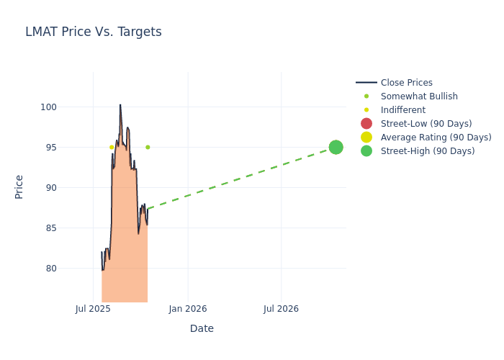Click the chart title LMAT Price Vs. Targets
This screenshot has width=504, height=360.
point(94,32)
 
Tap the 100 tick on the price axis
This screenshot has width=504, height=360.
point(68,107)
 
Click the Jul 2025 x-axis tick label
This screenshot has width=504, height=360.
point(93,309)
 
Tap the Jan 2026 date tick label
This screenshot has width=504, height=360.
point(188,309)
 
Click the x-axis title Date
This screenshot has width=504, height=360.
point(202,328)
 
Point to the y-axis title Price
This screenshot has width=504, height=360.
point(19,186)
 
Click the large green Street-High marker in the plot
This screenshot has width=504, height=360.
point(336,147)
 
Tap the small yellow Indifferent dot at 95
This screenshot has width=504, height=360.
point(112,147)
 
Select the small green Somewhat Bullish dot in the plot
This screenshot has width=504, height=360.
point(148,147)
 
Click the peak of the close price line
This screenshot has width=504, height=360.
point(120,105)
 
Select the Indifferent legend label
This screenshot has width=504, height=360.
point(402,110)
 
